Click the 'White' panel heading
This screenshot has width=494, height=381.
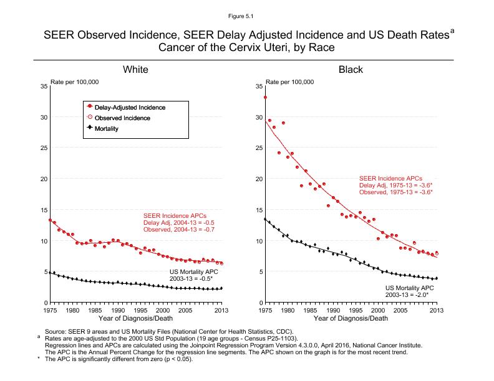(135, 70)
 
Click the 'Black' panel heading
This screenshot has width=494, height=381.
(351, 70)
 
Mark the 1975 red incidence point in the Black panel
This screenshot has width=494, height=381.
(266, 97)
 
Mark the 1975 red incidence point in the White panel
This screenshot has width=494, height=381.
(50, 220)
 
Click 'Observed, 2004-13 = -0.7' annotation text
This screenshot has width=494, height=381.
(179, 230)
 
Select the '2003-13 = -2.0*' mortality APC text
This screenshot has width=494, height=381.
(409, 293)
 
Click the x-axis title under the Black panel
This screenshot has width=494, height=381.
(351, 318)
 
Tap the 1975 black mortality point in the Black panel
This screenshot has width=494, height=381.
(266, 219)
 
